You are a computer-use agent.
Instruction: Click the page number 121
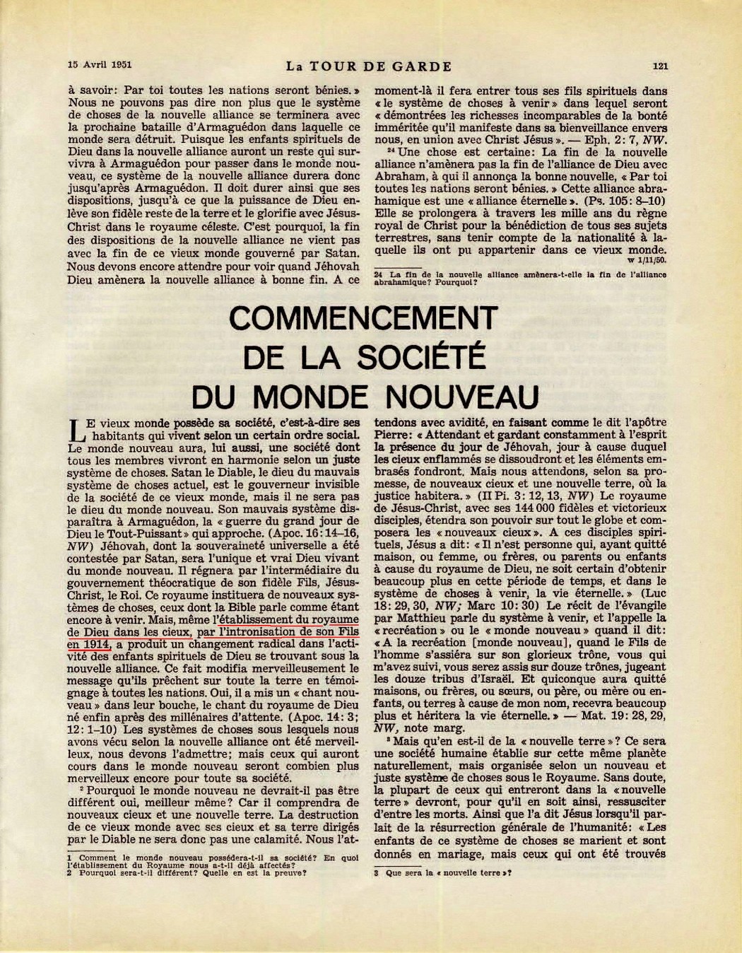point(661,67)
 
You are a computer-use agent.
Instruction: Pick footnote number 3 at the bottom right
point(377,872)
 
